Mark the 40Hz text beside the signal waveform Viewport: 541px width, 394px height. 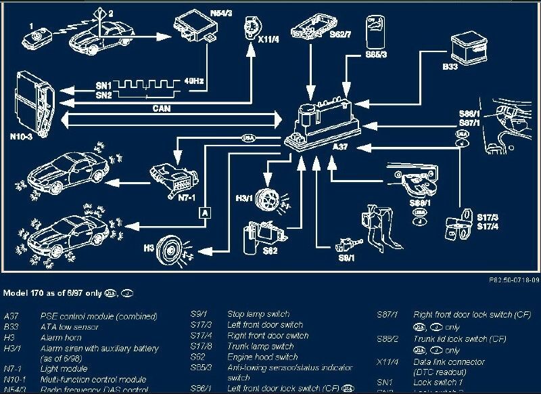tap(194, 82)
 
